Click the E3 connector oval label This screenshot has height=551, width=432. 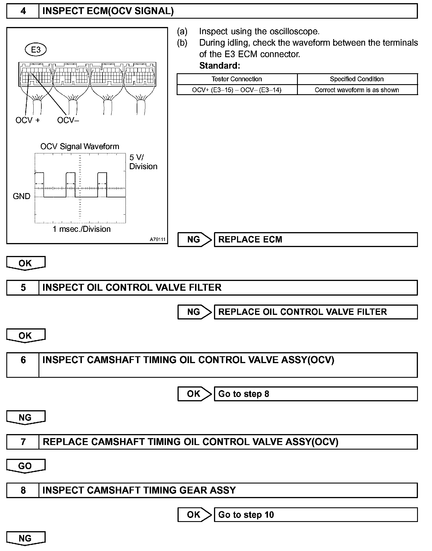click(36, 50)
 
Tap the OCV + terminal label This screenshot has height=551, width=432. click(28, 120)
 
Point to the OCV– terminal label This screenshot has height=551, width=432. click(68, 120)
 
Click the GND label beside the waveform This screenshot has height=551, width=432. click(22, 196)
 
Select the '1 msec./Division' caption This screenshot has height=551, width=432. click(82, 229)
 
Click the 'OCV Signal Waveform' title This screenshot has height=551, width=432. click(80, 147)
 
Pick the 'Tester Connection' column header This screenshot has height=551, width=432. click(237, 79)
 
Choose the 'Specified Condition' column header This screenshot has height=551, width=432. click(357, 79)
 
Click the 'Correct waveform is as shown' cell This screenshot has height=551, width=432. click(357, 90)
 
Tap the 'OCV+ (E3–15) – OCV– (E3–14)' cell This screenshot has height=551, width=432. click(237, 90)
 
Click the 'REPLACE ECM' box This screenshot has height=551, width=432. click(315, 240)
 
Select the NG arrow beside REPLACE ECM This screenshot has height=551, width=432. click(194, 240)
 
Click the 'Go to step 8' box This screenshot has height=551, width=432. click(315, 394)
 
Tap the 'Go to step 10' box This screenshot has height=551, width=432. click(315, 515)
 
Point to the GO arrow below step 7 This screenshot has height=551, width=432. click(25, 466)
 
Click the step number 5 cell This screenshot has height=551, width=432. click(23, 288)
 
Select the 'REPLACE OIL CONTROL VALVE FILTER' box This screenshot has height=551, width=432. click(315, 312)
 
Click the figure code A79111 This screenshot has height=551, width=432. click(157, 239)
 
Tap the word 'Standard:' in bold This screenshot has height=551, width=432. click(219, 66)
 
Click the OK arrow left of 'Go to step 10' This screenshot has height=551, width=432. click(194, 515)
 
